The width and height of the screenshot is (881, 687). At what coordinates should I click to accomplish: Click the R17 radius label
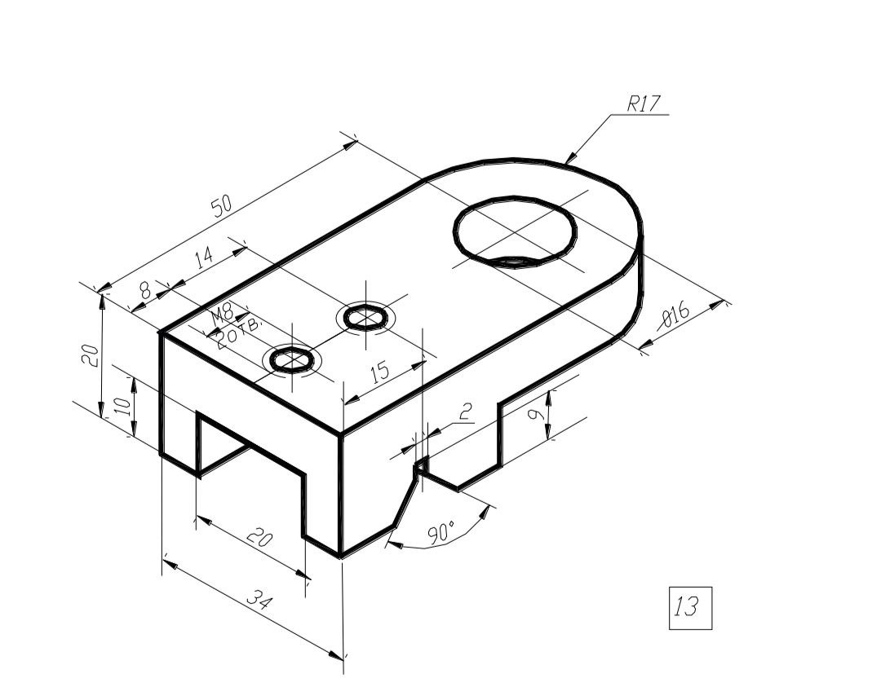click(x=644, y=103)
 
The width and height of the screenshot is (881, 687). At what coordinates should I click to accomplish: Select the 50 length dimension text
click(x=222, y=206)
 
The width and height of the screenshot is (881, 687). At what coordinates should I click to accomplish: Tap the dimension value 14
click(x=205, y=257)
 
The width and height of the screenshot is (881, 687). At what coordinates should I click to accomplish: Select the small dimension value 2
click(x=465, y=412)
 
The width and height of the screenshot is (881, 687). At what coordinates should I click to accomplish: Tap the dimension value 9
click(x=537, y=416)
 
